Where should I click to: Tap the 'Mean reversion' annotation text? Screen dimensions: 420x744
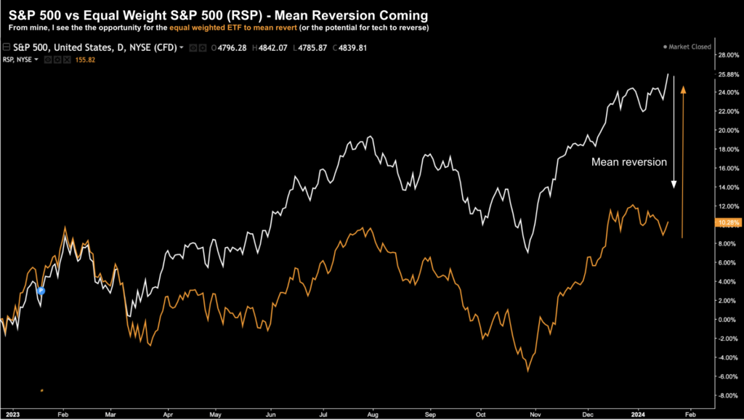(628, 162)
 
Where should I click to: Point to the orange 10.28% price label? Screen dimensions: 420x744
(727, 222)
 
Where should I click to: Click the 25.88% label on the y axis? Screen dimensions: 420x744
(727, 75)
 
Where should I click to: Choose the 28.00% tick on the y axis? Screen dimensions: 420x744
(727, 54)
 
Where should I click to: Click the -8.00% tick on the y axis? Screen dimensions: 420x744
(727, 395)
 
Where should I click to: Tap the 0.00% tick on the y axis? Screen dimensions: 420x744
(727, 320)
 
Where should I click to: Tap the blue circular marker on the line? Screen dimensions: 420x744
(41, 291)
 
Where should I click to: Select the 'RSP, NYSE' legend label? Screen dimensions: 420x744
(22, 60)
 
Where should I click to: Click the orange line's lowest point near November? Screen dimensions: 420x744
(528, 371)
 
